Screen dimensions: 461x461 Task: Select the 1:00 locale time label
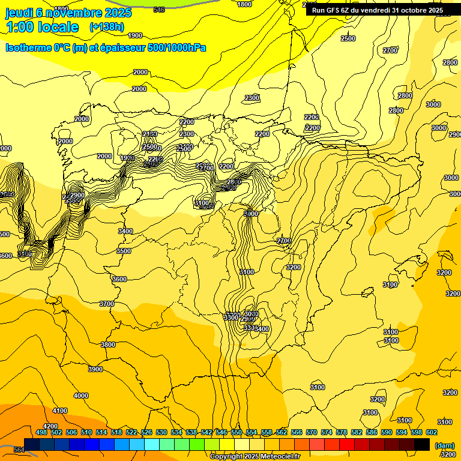click(x=42, y=27)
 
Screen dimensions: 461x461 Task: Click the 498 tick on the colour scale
click(x=41, y=432)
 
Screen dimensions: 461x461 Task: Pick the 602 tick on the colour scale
click(x=431, y=432)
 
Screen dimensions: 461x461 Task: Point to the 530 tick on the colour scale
click(x=161, y=432)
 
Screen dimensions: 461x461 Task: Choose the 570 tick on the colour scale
click(x=311, y=432)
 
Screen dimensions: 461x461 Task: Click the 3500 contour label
click(x=124, y=252)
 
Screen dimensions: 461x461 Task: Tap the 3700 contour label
click(x=106, y=304)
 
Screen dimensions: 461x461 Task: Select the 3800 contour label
click(x=108, y=345)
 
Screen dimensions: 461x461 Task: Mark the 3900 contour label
click(x=95, y=369)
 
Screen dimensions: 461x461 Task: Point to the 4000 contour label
click(x=80, y=396)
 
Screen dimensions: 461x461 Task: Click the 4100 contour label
click(x=60, y=411)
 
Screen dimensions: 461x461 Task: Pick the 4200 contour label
click(x=51, y=426)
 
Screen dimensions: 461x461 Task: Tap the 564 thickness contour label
click(x=19, y=450)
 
